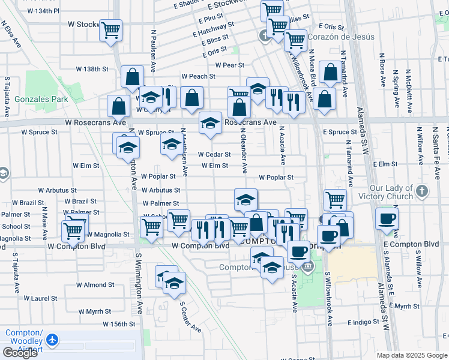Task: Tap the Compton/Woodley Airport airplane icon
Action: (x=52, y=340)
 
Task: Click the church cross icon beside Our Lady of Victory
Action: (x=422, y=191)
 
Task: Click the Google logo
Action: (x=20, y=353)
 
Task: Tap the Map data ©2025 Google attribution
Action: (x=412, y=355)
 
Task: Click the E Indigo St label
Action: (x=355, y=322)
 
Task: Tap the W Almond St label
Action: (x=90, y=284)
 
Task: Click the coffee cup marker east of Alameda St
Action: (x=387, y=218)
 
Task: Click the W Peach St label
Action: (x=198, y=76)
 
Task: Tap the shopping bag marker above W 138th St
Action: (x=133, y=77)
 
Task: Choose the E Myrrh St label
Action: (x=403, y=305)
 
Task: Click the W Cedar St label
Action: (x=214, y=154)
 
